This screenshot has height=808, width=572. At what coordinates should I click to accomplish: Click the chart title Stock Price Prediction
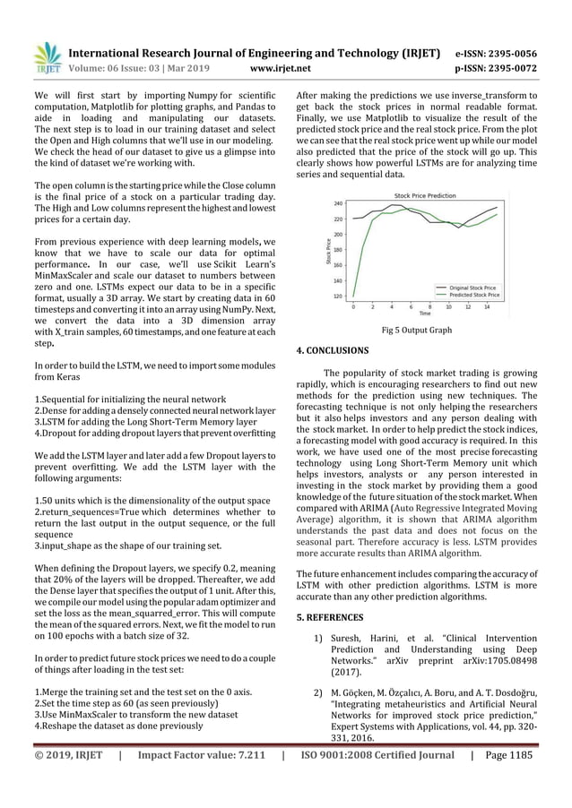point(425,195)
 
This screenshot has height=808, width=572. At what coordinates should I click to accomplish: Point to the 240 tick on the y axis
point(337,203)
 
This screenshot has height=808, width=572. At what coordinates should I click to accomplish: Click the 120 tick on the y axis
point(337,296)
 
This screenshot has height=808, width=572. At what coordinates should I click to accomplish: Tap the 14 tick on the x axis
point(486,307)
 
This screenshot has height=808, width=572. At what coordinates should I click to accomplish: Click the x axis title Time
point(425,314)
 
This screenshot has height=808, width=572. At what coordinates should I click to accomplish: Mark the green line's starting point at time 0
point(352,296)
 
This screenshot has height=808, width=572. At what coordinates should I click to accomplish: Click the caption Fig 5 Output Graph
point(417,330)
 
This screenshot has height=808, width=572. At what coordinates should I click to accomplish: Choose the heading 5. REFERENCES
point(330,617)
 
